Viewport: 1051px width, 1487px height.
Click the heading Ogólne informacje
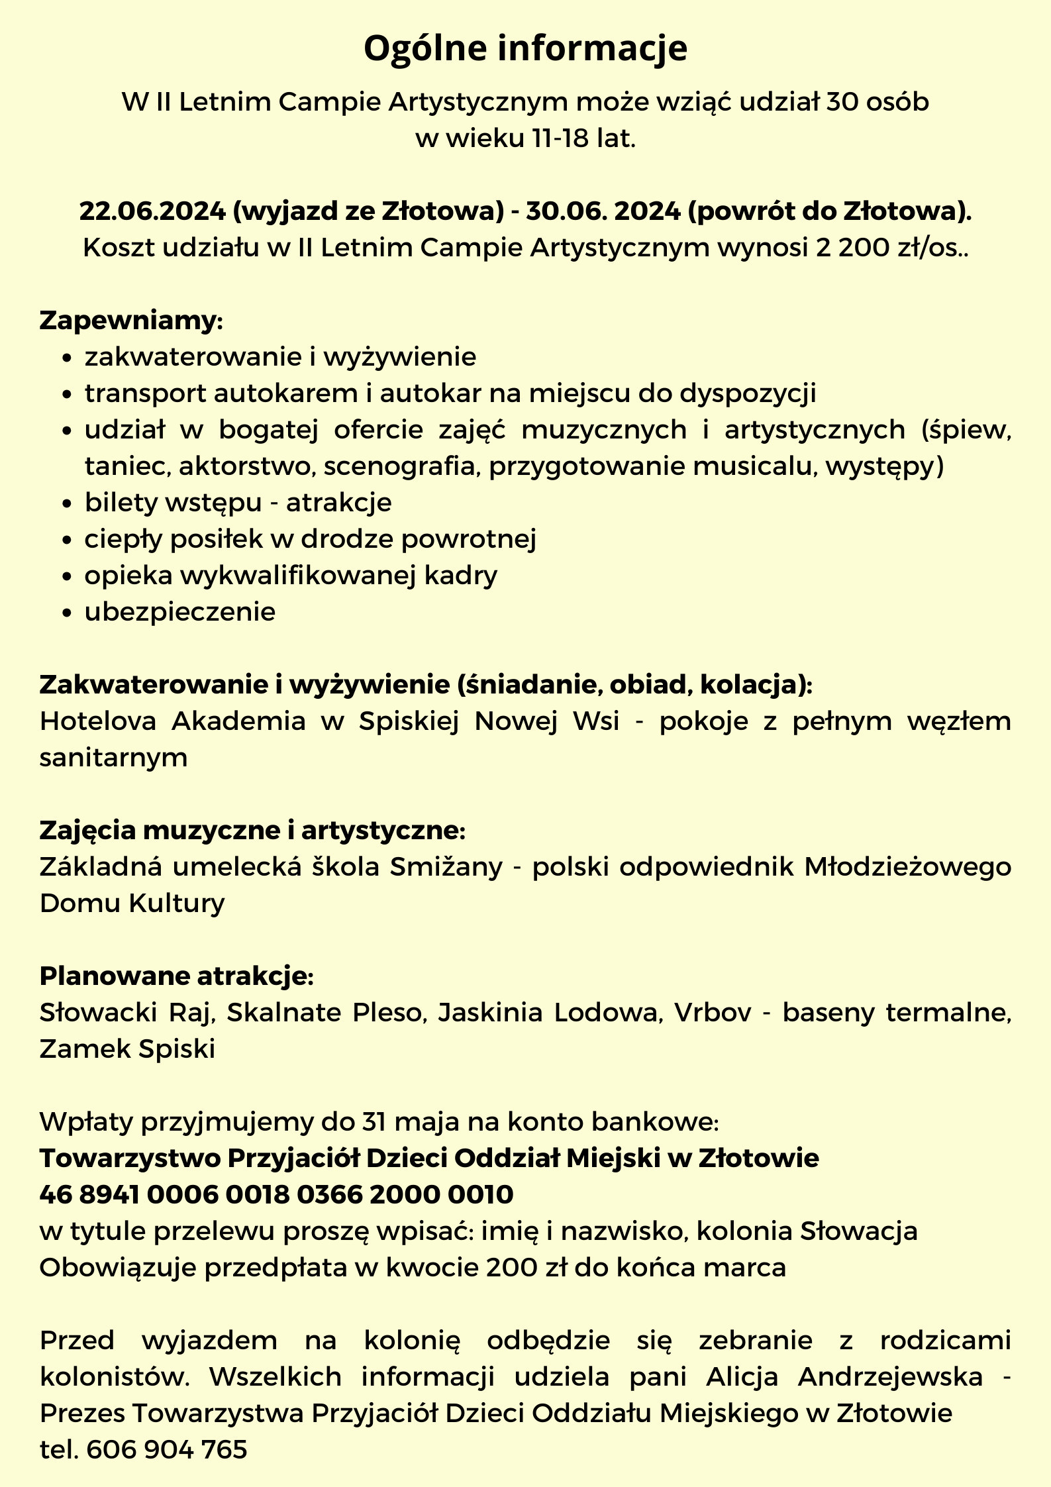coord(525,48)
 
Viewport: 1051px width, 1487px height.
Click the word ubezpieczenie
coord(179,611)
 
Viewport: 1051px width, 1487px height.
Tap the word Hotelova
coord(98,721)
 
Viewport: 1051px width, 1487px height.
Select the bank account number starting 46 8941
coord(276,1194)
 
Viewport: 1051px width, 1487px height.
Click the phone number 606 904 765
coord(167,1449)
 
